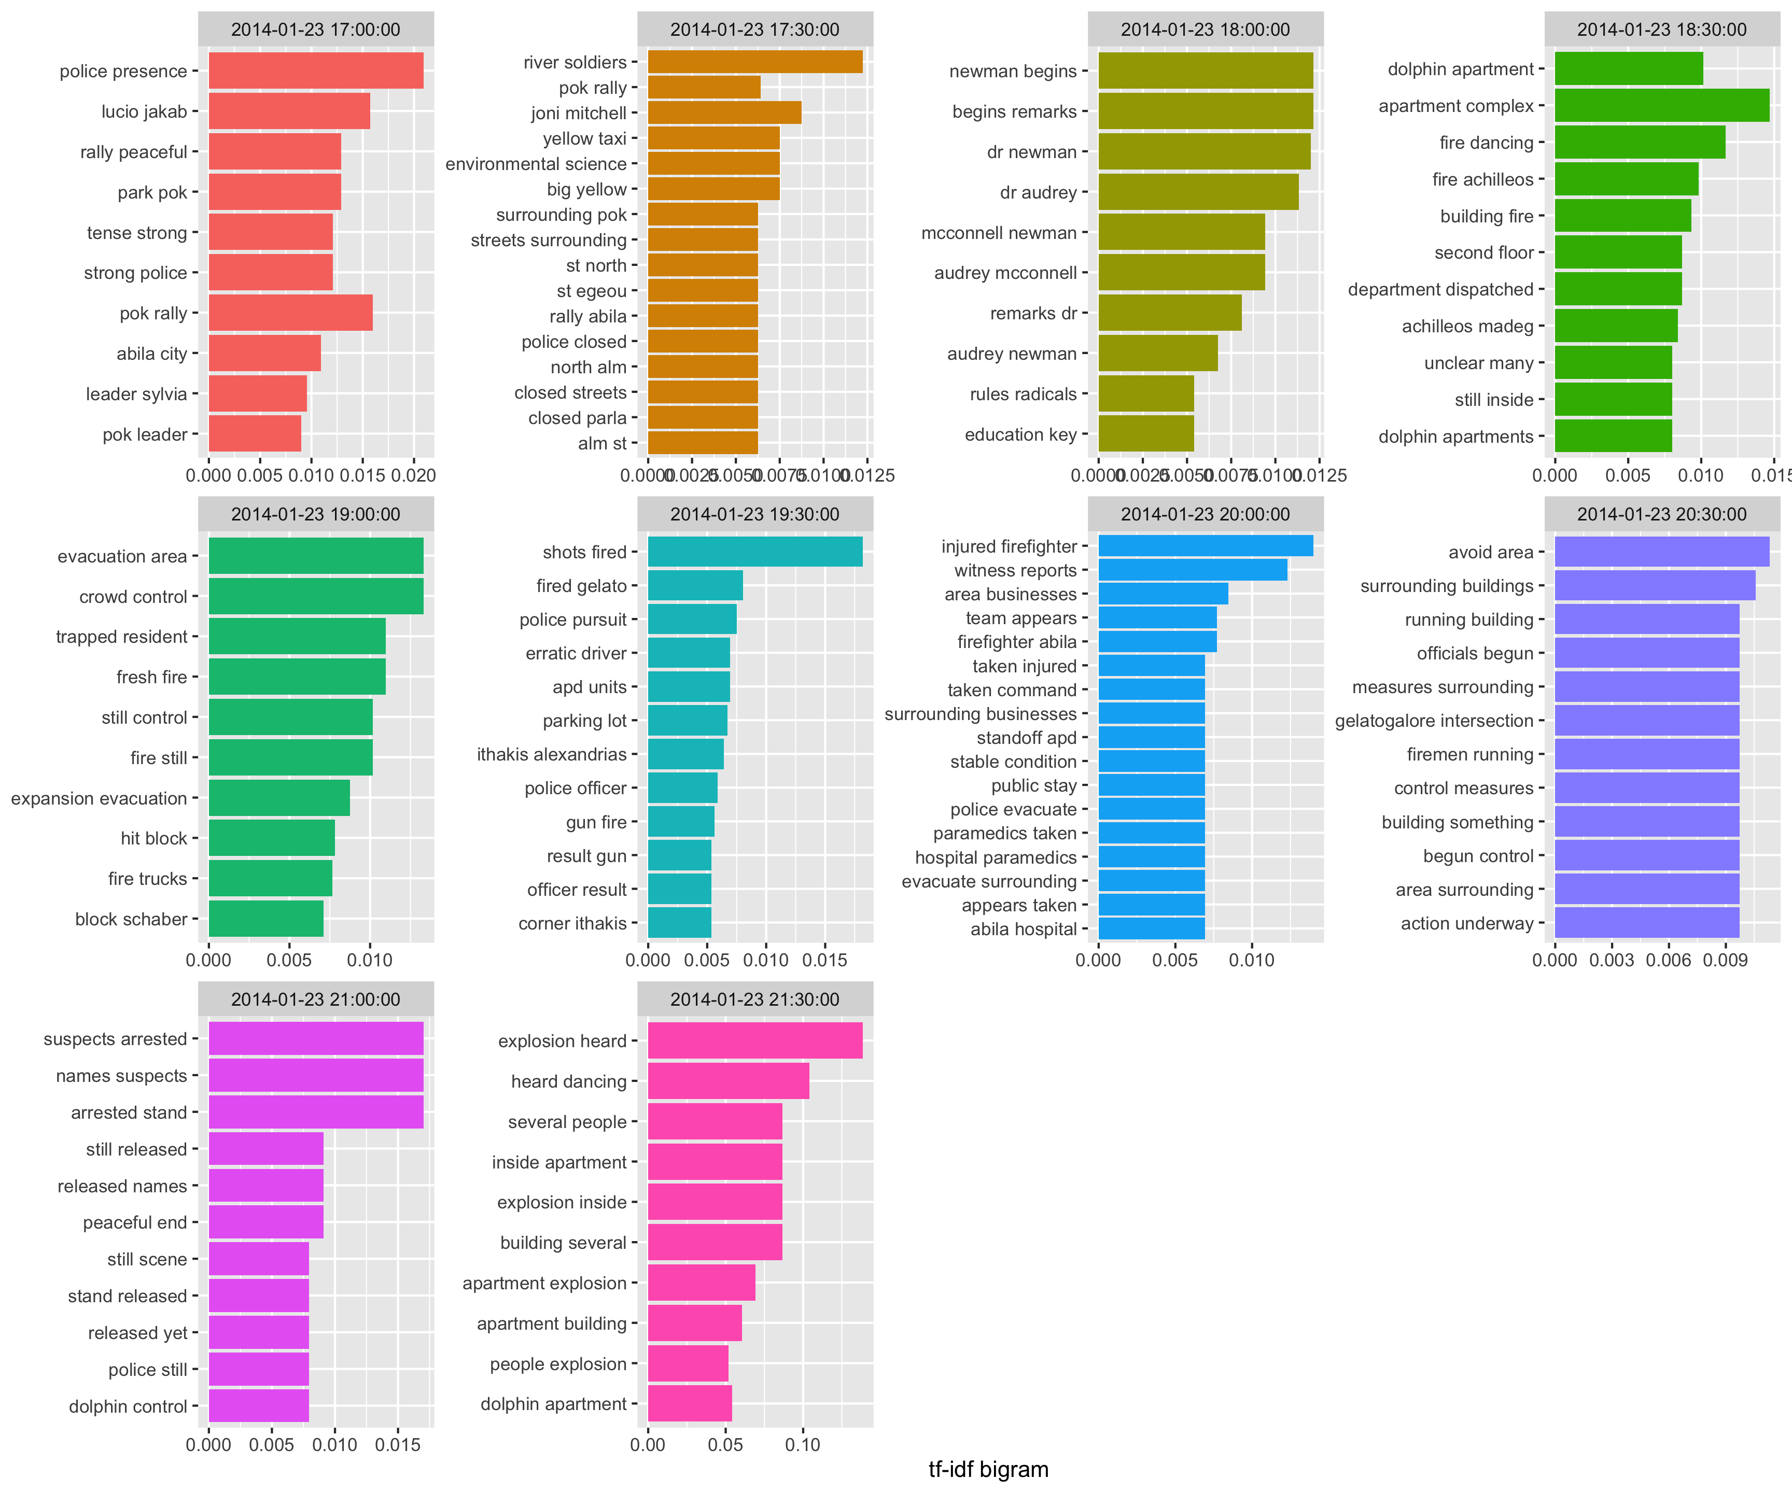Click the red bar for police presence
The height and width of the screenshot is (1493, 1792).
coord(316,71)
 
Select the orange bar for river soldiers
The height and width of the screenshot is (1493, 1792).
coord(755,62)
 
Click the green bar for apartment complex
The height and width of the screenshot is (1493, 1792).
coord(1661,106)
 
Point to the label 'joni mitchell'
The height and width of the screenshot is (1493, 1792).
coord(579,114)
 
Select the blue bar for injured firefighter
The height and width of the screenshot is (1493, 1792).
coord(1205,546)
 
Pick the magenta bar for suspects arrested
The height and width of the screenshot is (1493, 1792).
coord(316,1039)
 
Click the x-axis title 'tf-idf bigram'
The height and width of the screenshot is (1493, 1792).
coord(988,1469)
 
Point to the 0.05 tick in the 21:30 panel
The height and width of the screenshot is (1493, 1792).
coord(725,1444)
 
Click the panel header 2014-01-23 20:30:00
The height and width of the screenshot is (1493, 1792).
coord(1661,514)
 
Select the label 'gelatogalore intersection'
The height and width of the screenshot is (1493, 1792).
coord(1434,721)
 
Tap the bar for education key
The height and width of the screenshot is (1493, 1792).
coord(1145,434)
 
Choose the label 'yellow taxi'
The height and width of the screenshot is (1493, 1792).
coord(584,139)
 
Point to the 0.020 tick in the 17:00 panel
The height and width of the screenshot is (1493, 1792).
coord(414,475)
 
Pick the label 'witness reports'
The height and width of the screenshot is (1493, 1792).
coord(1015,571)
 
